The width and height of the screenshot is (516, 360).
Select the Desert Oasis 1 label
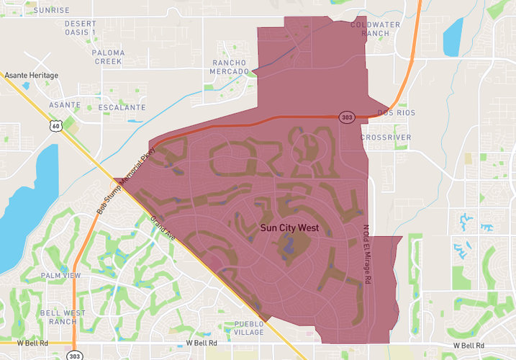pos(80,28)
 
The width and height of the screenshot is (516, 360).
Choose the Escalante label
pos(122,107)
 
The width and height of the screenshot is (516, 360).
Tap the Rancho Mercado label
pos(230,67)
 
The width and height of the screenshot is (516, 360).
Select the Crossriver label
pos(386,137)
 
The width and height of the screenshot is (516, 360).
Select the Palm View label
pos(60,276)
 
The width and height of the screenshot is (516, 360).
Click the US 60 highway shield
pos(55,126)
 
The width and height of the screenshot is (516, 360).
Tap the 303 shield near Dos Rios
pos(346,117)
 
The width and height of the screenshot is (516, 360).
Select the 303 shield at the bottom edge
pos(75,356)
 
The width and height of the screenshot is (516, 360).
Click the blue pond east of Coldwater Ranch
pos(452,36)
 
